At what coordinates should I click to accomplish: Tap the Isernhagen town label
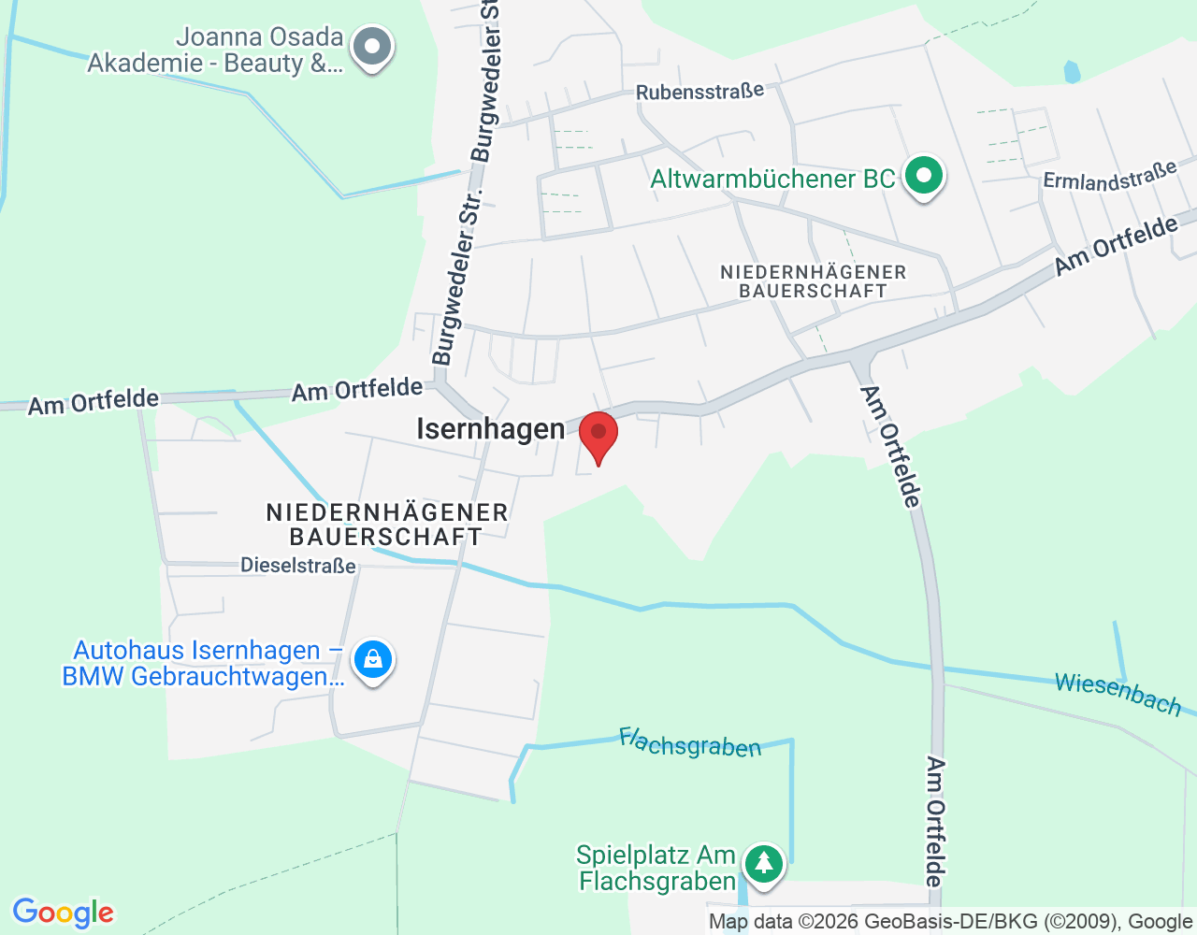[x=490, y=429]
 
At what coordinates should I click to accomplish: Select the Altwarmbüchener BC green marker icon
[x=924, y=176]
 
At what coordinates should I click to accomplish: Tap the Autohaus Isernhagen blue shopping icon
[x=373, y=660]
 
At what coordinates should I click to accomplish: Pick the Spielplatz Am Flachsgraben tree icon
[x=764, y=863]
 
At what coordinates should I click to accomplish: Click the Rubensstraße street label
[x=699, y=92]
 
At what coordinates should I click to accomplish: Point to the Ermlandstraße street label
[x=1109, y=176]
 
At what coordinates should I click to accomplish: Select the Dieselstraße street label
[x=298, y=566]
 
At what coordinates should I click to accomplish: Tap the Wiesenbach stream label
[x=1118, y=694]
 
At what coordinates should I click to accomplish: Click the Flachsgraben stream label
[x=690, y=743]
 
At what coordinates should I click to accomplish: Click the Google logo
[x=63, y=913]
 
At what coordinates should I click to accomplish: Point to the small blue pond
[x=1072, y=72]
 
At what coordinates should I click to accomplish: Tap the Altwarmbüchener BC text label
[x=772, y=179]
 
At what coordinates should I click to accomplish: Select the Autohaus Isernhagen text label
[x=203, y=663]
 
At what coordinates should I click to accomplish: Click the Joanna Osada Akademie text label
[x=215, y=50]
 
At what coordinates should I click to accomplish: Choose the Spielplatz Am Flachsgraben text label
[x=656, y=869]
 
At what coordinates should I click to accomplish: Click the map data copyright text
[x=949, y=922]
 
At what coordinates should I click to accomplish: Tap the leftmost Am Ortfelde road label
[x=94, y=402]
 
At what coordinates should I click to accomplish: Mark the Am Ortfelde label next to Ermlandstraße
[x=1116, y=245]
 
